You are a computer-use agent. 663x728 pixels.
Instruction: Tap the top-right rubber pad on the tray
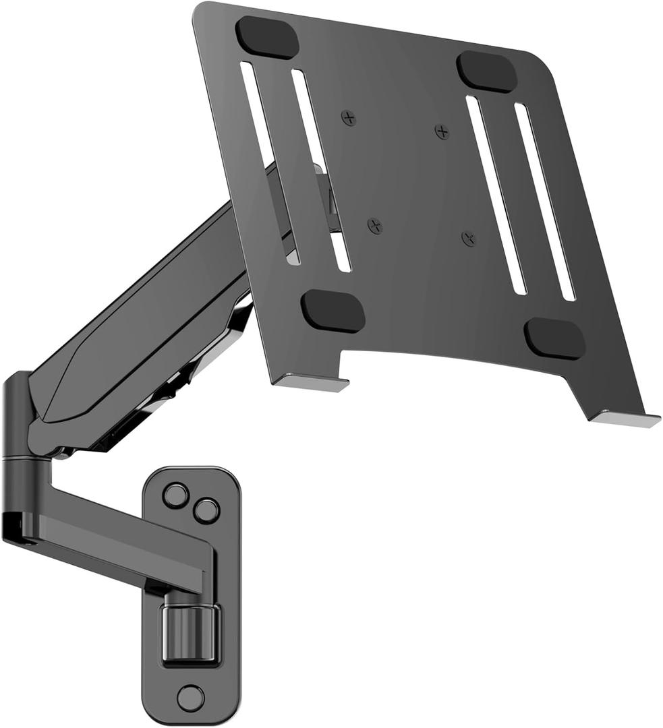click(486, 71)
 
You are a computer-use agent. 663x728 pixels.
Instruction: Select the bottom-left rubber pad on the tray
click(333, 310)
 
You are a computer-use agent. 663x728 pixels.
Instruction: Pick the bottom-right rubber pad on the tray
click(554, 338)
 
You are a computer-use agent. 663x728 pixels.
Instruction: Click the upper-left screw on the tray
click(348, 119)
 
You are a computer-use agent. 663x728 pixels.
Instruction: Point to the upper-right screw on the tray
click(442, 131)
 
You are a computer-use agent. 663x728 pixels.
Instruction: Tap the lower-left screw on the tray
click(376, 226)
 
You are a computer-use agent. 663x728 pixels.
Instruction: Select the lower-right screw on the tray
click(469, 238)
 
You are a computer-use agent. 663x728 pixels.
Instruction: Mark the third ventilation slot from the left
click(496, 195)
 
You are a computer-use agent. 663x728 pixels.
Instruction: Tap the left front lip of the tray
click(310, 384)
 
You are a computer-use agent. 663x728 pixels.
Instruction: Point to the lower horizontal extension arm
click(115, 533)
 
